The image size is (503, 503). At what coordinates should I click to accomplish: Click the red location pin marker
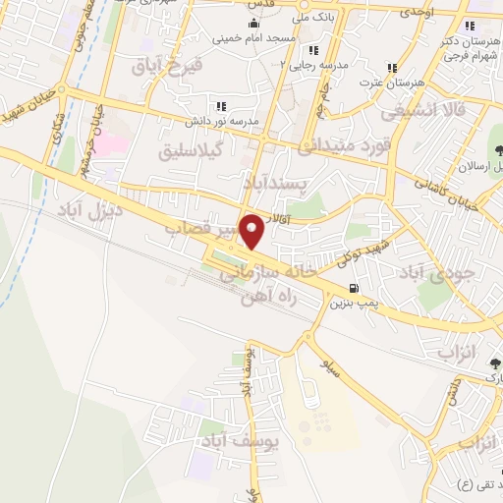pos(252,232)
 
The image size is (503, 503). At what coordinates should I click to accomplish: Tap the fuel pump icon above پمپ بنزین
pos(353,288)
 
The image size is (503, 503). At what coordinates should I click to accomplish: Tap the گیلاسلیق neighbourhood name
pos(196,153)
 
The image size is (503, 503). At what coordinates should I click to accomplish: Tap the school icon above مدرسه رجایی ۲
pos(313,50)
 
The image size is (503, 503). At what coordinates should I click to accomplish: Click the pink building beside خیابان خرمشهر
pos(110,143)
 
